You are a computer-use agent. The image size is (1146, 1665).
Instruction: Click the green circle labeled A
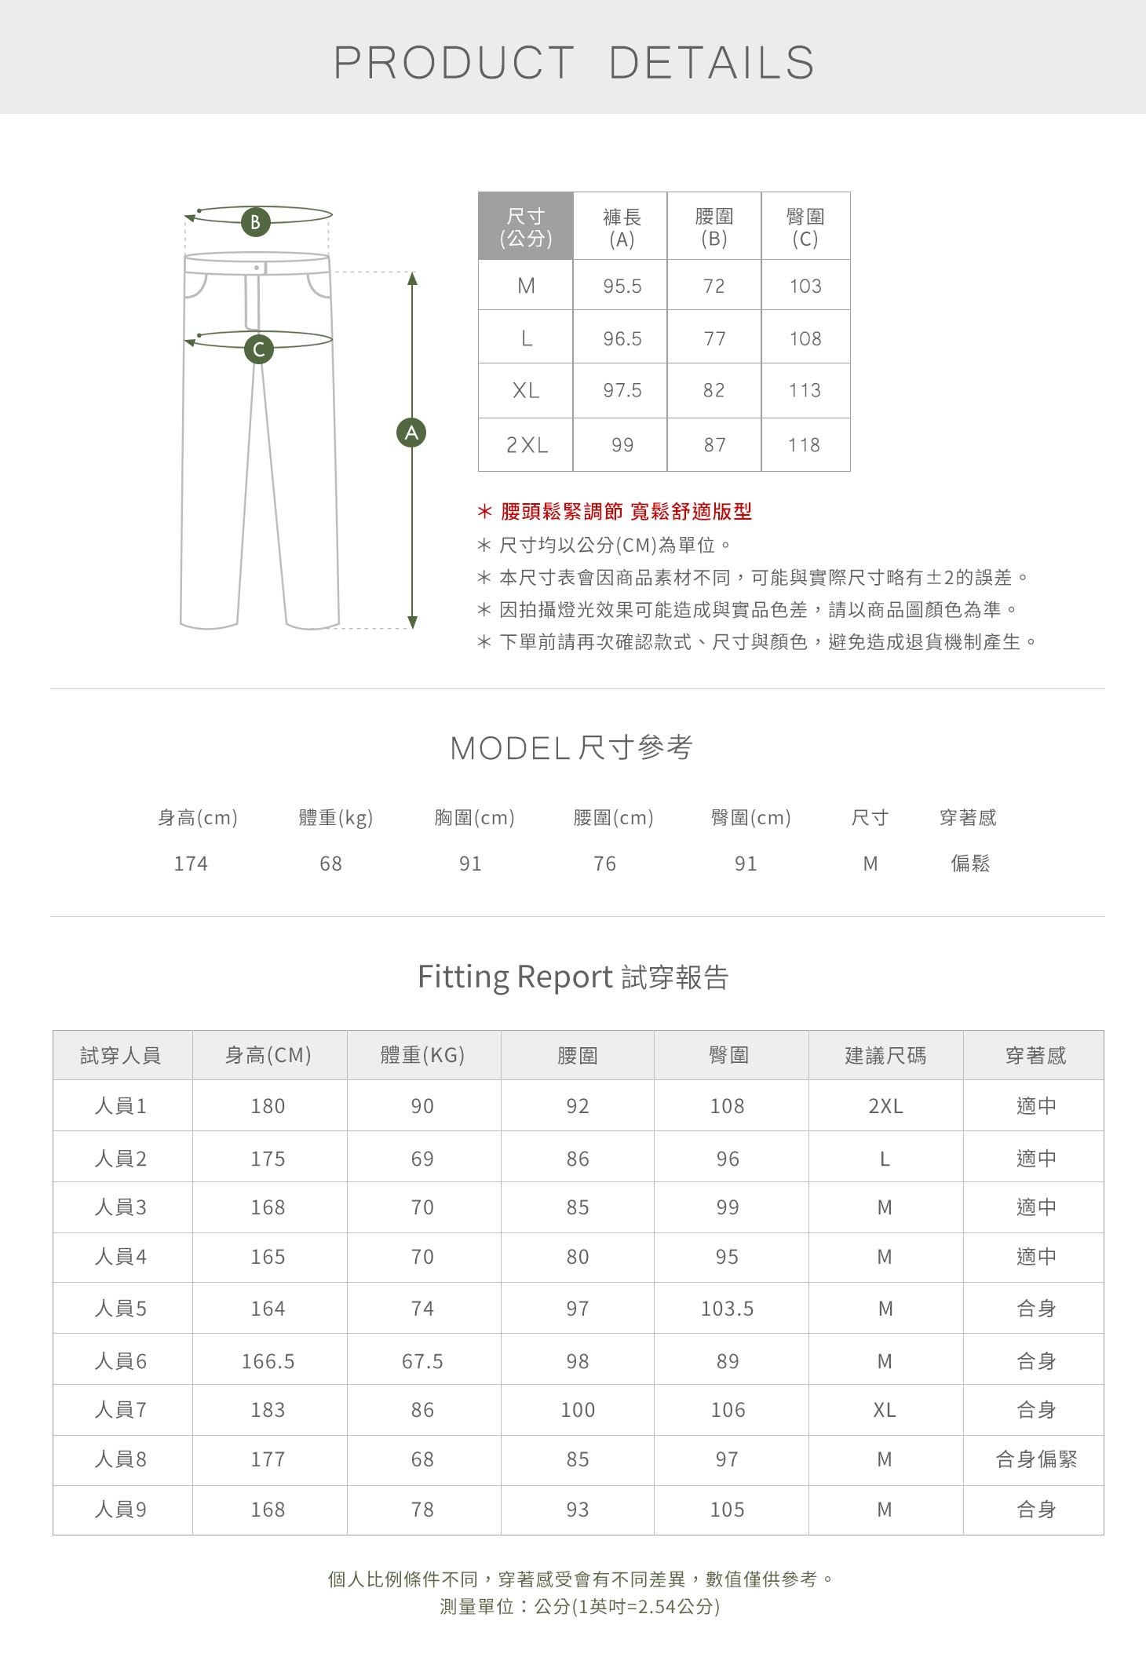pyautogui.click(x=411, y=433)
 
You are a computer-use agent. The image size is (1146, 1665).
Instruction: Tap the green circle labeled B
pyautogui.click(x=255, y=222)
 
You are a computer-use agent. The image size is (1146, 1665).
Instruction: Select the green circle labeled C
pyautogui.click(x=259, y=349)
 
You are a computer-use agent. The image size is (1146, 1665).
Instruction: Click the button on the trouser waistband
pyautogui.click(x=257, y=268)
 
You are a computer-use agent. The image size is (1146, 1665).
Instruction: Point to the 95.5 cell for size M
pyautogui.click(x=622, y=287)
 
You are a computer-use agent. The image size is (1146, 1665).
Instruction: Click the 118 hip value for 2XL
pyautogui.click(x=805, y=445)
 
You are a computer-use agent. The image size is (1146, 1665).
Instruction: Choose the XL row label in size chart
pyautogui.click(x=526, y=391)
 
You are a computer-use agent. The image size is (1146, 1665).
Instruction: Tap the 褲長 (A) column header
pyautogui.click(x=621, y=228)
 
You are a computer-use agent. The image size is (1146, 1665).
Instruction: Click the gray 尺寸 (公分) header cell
pyautogui.click(x=526, y=227)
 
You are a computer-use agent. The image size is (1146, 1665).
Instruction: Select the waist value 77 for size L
pyautogui.click(x=714, y=339)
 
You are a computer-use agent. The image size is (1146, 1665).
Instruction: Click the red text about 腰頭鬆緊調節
pyautogui.click(x=626, y=512)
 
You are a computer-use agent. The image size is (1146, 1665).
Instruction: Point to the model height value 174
pyautogui.click(x=191, y=864)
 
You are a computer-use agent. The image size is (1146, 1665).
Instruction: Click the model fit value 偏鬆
pyautogui.click(x=970, y=864)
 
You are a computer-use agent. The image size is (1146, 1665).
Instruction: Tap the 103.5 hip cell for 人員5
pyautogui.click(x=727, y=1309)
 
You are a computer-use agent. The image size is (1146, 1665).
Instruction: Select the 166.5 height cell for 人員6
pyautogui.click(x=268, y=1361)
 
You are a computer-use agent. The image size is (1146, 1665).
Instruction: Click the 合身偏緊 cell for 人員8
pyautogui.click(x=1036, y=1459)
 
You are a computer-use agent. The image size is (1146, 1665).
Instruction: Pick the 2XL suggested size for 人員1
pyautogui.click(x=885, y=1106)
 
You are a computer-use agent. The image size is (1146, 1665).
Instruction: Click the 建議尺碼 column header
pyautogui.click(x=885, y=1056)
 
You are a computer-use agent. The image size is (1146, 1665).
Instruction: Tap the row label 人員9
pyautogui.click(x=120, y=1510)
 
